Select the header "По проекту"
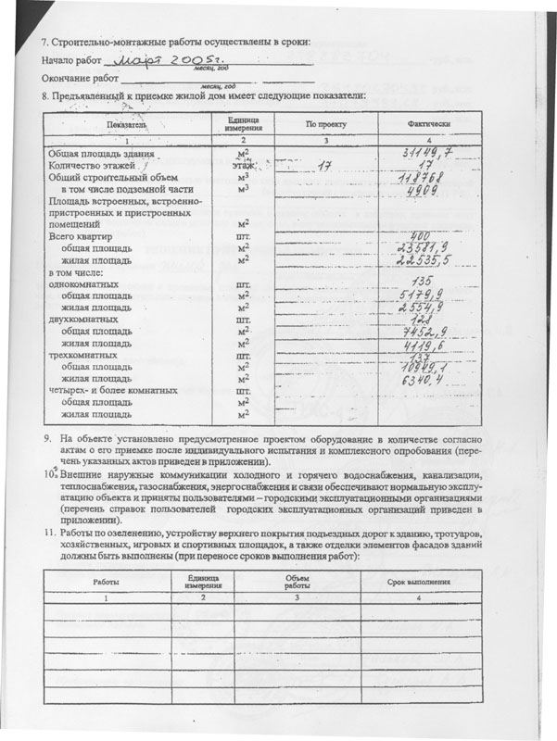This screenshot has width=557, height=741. (324, 123)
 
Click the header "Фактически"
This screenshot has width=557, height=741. (428, 123)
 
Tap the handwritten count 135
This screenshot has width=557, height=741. (423, 282)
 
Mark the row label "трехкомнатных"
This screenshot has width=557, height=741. (82, 355)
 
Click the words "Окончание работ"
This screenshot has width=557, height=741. (81, 80)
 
